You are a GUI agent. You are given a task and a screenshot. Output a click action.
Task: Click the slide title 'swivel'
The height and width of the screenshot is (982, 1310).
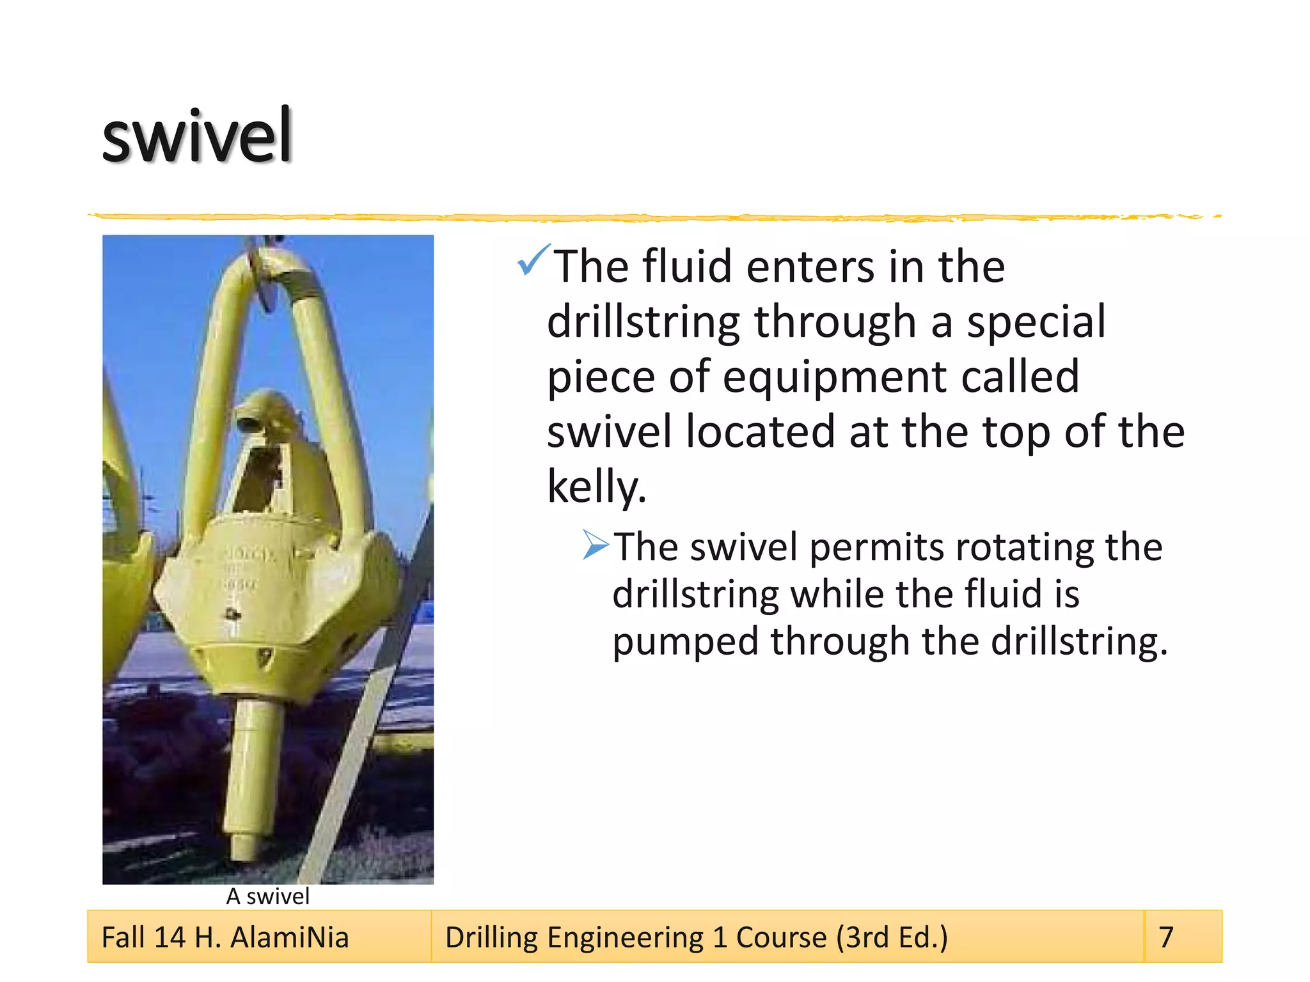pyautogui.click(x=197, y=136)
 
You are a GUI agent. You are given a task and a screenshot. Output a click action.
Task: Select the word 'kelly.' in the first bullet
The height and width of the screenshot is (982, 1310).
pyautogui.click(x=596, y=487)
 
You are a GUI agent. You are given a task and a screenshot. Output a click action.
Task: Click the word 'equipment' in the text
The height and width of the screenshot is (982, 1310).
pyautogui.click(x=834, y=377)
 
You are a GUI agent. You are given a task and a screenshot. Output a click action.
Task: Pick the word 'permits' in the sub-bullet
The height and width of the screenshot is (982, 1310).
pyautogui.click(x=876, y=547)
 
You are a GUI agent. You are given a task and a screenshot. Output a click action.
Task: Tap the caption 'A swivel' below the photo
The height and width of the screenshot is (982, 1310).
pyautogui.click(x=267, y=896)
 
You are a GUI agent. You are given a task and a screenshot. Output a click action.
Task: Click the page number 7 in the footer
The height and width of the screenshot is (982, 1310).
pyautogui.click(x=1166, y=937)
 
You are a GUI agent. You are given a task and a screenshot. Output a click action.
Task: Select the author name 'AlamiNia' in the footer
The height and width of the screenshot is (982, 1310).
pyautogui.click(x=289, y=938)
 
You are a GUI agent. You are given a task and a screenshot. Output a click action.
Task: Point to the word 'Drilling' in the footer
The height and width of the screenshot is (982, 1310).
pyautogui.click(x=491, y=938)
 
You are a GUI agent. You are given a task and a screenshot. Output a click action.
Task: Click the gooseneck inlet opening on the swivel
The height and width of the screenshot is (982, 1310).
pyautogui.click(x=248, y=423)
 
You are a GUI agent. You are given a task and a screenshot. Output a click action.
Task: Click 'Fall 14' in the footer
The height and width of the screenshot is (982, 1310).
pyautogui.click(x=143, y=938)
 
